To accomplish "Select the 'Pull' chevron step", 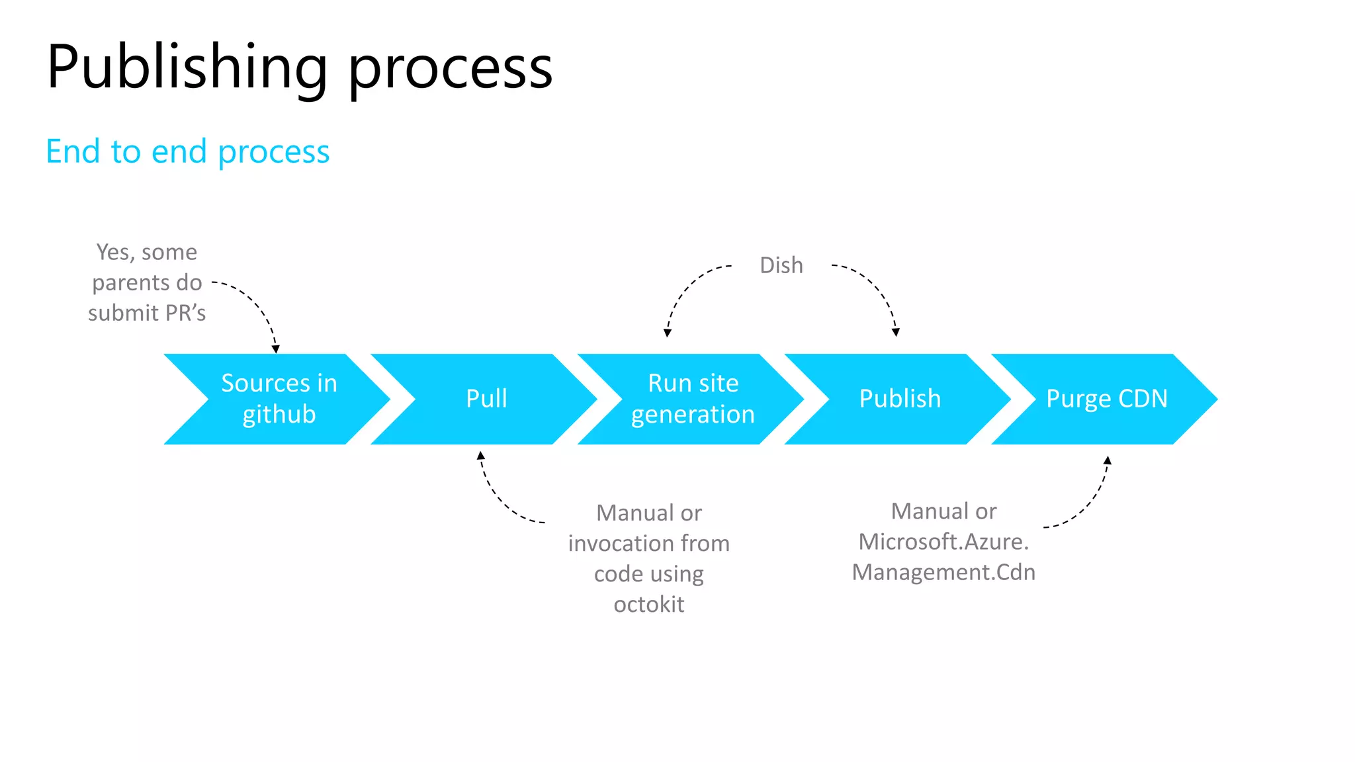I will pyautogui.click(x=486, y=399).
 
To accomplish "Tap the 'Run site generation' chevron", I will pyautogui.click(x=693, y=399).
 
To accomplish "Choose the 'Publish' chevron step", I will pyautogui.click(x=899, y=399).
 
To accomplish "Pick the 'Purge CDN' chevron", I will pyautogui.click(x=1106, y=399).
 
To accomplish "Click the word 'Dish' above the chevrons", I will pyautogui.click(x=781, y=265).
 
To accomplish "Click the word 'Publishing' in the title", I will pyautogui.click(x=187, y=67).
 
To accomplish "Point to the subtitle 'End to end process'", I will pyautogui.click(x=187, y=151).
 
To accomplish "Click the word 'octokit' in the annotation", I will pyautogui.click(x=648, y=604).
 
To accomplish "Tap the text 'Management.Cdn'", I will pyautogui.click(x=943, y=572).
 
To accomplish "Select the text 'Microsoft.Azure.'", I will pyautogui.click(x=943, y=542).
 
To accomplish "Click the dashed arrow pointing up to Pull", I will pyautogui.click(x=501, y=501).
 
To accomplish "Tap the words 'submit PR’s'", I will pyautogui.click(x=147, y=313).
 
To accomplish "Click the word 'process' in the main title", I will pyautogui.click(x=450, y=67).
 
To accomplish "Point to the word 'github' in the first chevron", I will pyautogui.click(x=279, y=415).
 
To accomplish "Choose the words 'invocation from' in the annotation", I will pyautogui.click(x=648, y=543).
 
